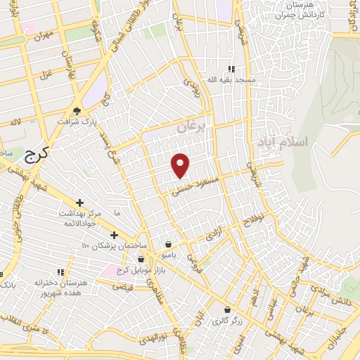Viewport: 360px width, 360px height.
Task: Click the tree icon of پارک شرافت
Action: (77, 110)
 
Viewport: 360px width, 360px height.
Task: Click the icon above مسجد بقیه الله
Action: (231, 69)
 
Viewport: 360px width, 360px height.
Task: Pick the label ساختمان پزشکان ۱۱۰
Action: (114, 245)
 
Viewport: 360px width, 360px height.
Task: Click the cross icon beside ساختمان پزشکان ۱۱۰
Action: (114, 235)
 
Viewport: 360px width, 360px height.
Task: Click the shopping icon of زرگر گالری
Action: (226, 309)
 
